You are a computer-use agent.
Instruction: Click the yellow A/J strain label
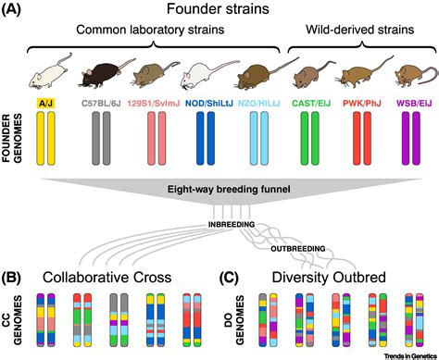pyautogui.click(x=44, y=105)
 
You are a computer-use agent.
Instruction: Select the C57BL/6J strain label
pyautogui.click(x=99, y=105)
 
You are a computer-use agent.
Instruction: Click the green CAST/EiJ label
pyautogui.click(x=314, y=105)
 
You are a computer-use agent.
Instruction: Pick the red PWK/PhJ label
pyautogui.click(x=365, y=105)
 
